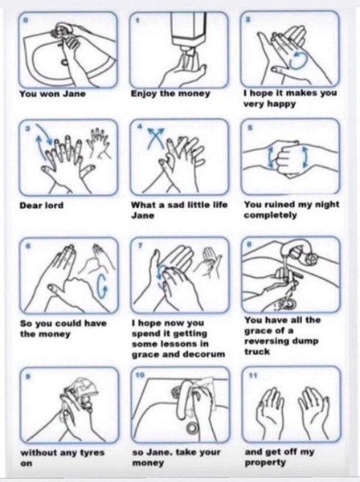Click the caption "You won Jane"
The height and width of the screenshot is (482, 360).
(52, 94)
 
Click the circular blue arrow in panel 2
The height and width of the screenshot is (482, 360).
(298, 60)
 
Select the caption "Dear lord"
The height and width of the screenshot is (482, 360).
(42, 206)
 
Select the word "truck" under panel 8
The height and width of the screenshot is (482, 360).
(257, 352)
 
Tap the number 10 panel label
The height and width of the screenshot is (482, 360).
(140, 375)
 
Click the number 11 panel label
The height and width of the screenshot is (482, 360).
(253, 375)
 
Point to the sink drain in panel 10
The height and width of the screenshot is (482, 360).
(193, 427)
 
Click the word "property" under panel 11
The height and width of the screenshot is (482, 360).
(265, 463)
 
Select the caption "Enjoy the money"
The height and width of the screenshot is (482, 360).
(170, 94)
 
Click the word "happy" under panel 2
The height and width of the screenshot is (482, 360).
(283, 104)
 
